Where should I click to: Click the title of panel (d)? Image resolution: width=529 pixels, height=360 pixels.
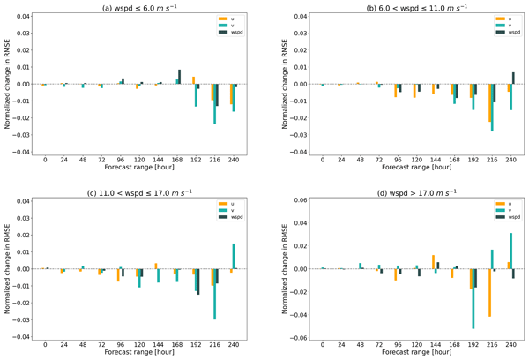coord(405,191)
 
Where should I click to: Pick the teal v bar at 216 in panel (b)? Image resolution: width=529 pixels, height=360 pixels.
coord(492,108)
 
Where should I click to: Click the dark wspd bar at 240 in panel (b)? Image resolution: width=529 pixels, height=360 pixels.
coord(513,79)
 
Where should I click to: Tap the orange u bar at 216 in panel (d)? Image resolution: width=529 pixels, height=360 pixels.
coord(488,292)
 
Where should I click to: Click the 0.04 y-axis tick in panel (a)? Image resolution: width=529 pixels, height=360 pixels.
coord(23,17)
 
